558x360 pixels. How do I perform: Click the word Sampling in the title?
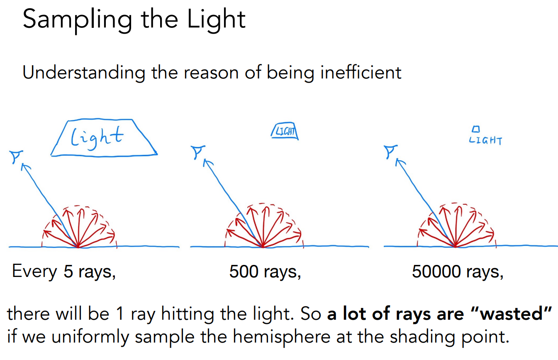pos(78,20)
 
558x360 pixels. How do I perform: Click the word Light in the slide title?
pos(216,20)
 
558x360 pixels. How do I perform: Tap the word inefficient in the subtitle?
pos(361,73)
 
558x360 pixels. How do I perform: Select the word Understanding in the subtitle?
pos(84,73)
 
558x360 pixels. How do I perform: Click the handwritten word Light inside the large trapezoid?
pos(97,137)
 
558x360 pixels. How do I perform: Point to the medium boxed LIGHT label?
pos(285,131)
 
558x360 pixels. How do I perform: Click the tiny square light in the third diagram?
pos(476,129)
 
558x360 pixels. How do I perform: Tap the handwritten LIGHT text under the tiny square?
pos(485,141)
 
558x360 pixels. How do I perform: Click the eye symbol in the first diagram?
pos(16,157)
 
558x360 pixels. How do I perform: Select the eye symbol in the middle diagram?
pos(197,152)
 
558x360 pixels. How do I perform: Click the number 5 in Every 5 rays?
pos(68,271)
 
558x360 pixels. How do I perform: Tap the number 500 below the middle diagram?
pos(244,272)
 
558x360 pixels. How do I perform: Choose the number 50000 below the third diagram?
pos(436,272)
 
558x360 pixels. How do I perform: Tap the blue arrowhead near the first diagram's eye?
pos(26,167)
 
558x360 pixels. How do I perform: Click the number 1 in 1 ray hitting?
pos(120,313)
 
